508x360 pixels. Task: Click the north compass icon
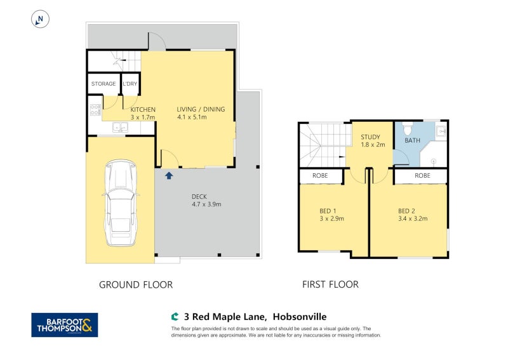pyautogui.click(x=40, y=19)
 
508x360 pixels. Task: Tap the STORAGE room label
pyautogui.click(x=104, y=84)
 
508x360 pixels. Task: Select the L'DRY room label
pyautogui.click(x=130, y=84)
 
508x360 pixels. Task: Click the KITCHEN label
pyautogui.click(x=143, y=109)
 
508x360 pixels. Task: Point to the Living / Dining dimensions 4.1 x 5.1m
pyautogui.click(x=192, y=117)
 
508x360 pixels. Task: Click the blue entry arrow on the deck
pyautogui.click(x=169, y=176)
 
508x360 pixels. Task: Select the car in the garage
pyautogui.click(x=121, y=203)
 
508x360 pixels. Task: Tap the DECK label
pyautogui.click(x=199, y=196)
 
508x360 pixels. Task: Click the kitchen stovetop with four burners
pyautogui.click(x=95, y=109)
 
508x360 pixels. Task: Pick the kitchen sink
pyautogui.click(x=120, y=127)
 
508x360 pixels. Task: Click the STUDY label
pyautogui.click(x=370, y=137)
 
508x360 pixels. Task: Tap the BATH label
pyautogui.click(x=412, y=140)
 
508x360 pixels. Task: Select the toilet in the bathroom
pyautogui.click(x=408, y=129)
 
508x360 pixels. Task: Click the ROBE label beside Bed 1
pyautogui.click(x=320, y=176)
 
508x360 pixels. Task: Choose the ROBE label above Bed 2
pyautogui.click(x=422, y=176)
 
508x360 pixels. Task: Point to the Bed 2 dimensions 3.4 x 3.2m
pyautogui.click(x=413, y=218)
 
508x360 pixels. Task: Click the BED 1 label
pyautogui.click(x=325, y=211)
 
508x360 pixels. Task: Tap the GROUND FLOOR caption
pyautogui.click(x=136, y=285)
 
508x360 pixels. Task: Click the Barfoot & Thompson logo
pyautogui.click(x=65, y=324)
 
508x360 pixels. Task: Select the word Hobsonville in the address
pyautogui.click(x=300, y=317)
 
